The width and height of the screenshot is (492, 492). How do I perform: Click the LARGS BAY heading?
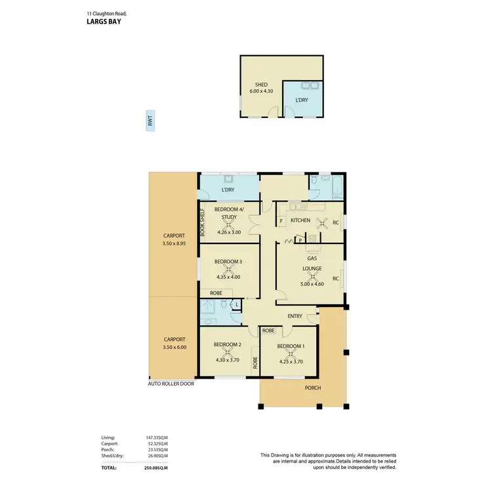(104, 20)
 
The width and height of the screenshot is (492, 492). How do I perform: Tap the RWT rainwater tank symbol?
(150, 121)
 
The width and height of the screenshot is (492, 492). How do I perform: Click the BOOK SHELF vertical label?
(203, 222)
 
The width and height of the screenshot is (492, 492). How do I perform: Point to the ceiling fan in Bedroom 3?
(228, 269)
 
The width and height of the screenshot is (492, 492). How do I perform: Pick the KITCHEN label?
(300, 220)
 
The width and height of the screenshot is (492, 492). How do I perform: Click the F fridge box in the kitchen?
(281, 222)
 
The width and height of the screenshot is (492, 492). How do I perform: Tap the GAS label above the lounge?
(312, 258)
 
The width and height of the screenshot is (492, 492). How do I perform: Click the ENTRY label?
(295, 316)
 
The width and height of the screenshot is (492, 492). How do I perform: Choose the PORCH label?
(313, 388)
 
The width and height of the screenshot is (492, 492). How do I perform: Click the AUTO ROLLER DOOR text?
(171, 384)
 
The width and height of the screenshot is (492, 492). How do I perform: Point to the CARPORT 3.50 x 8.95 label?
(174, 239)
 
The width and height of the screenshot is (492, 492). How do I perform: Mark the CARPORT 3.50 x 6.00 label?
(174, 344)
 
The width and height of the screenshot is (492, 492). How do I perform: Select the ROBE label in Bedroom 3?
(215, 293)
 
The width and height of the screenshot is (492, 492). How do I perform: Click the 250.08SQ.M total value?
(155, 468)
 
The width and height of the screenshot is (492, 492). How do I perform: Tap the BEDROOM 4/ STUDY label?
(228, 213)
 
